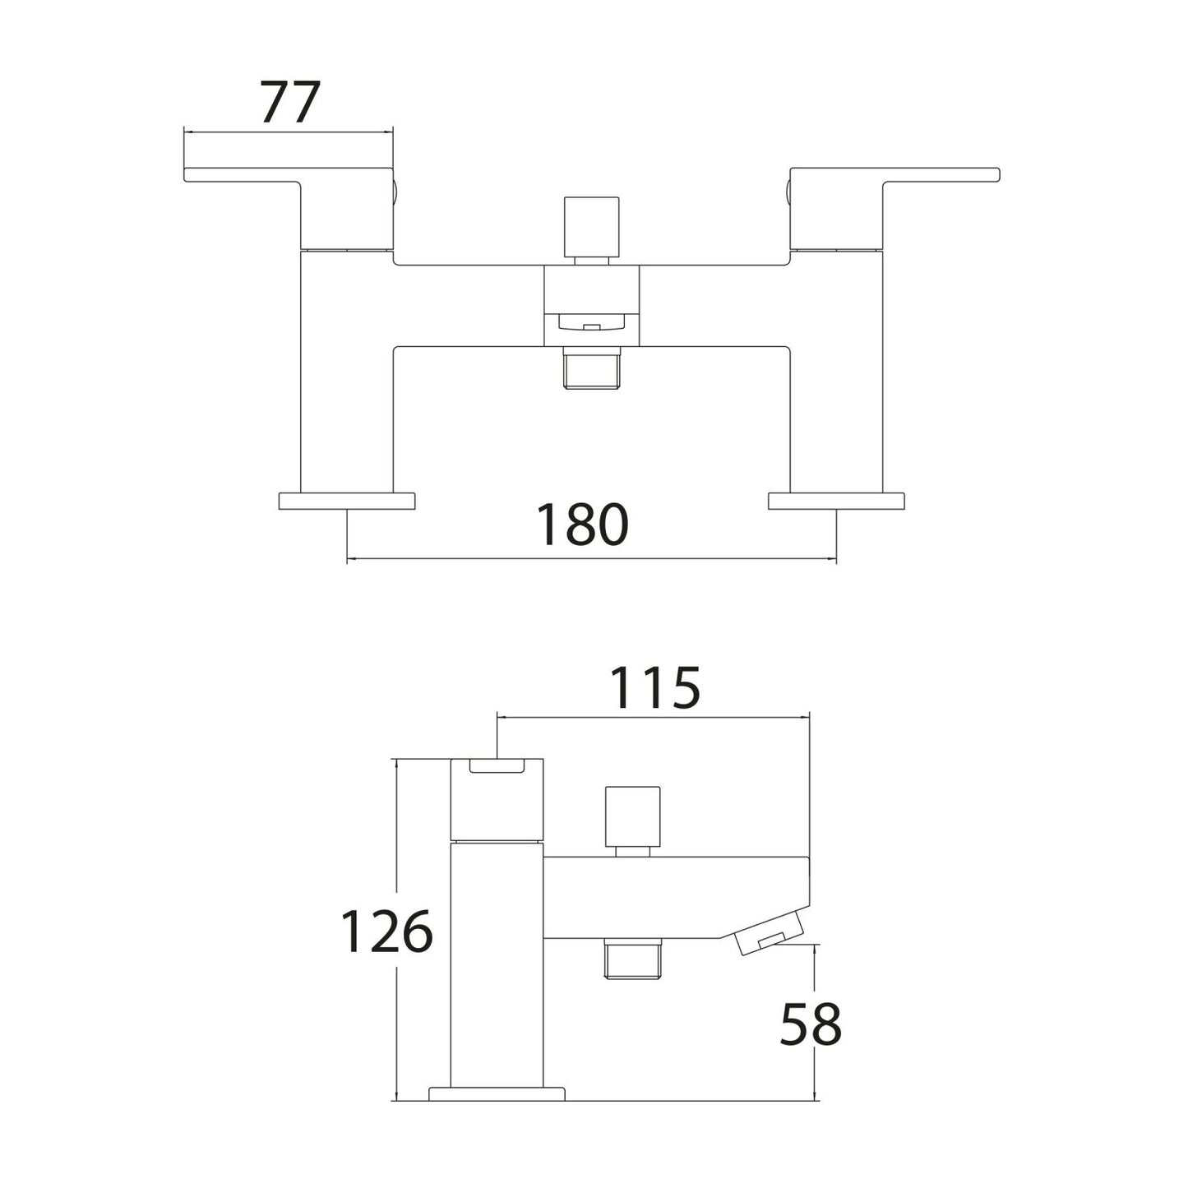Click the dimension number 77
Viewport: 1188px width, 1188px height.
(289, 103)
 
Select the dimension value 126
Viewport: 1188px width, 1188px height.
(386, 932)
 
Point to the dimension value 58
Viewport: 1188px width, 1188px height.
(810, 1024)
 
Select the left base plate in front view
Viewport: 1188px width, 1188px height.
(347, 501)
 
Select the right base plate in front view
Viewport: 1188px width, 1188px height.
(836, 501)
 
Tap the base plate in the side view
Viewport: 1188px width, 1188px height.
(497, 1093)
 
